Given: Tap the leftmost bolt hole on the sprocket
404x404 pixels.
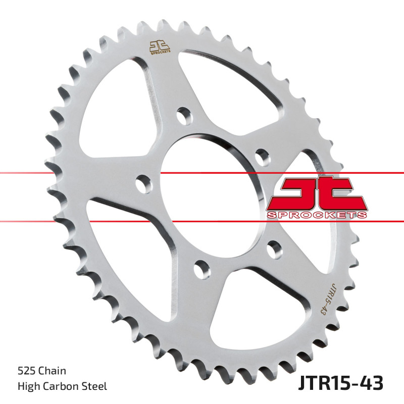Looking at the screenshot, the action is coord(144,184).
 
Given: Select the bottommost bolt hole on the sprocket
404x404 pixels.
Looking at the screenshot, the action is coord(203,270).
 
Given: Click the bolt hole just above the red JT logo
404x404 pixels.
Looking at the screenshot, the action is coord(263,157).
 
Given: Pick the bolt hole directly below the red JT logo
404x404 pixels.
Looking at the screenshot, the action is coord(275,249).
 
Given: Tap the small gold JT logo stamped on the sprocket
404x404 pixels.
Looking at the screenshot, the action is coord(160,47).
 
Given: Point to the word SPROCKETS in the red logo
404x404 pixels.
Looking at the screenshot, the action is coord(317,215).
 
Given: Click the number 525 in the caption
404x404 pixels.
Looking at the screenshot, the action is coord(26,371).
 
